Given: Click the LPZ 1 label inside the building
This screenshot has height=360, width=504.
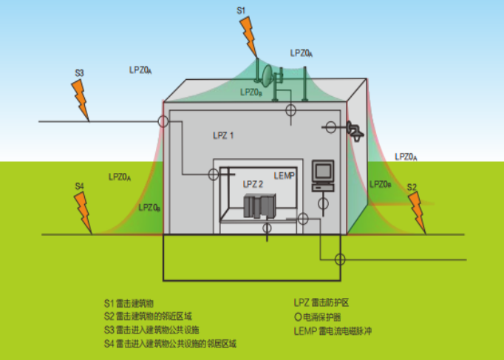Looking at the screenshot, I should coord(222,136).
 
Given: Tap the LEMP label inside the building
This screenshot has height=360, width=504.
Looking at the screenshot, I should coord(285,175).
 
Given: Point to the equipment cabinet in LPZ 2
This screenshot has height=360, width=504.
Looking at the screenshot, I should coord(260,206).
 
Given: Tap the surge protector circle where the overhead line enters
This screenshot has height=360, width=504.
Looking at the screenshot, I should coord(164,121).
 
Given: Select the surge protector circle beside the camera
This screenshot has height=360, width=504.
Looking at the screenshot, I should coord(330,127).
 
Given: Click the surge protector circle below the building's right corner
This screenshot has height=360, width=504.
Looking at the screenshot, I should coord(339,259).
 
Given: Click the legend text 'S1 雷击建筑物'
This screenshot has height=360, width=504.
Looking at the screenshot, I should coord(129,304).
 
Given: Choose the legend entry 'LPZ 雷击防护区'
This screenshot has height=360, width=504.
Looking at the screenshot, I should coord(321,303).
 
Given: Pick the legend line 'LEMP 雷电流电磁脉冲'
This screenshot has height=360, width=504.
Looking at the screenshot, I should coord(332,330).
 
